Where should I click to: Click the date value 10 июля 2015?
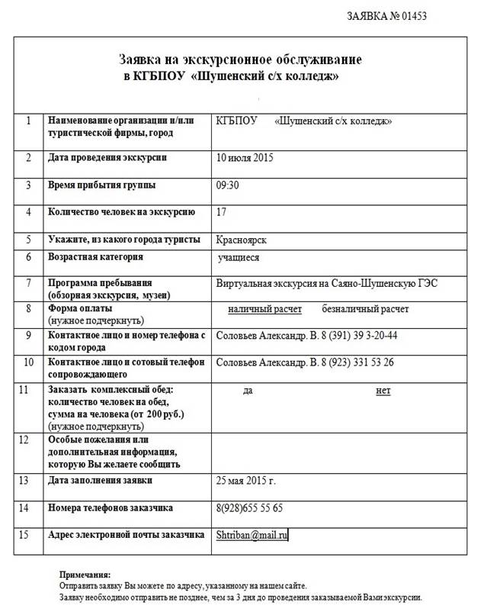point(245,158)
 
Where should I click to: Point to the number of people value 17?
point(222,212)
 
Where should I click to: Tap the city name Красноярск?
point(242,240)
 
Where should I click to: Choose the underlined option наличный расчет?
point(264,309)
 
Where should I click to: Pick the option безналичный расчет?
point(365,309)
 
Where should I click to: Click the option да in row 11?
point(248,391)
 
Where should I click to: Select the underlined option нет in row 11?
point(383,391)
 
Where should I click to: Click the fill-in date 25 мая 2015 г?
point(245,481)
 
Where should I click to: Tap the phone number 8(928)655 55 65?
point(250,508)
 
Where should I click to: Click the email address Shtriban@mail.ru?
point(252,536)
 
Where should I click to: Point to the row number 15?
point(28,535)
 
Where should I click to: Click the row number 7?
point(27,283)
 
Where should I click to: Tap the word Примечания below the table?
point(85,574)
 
